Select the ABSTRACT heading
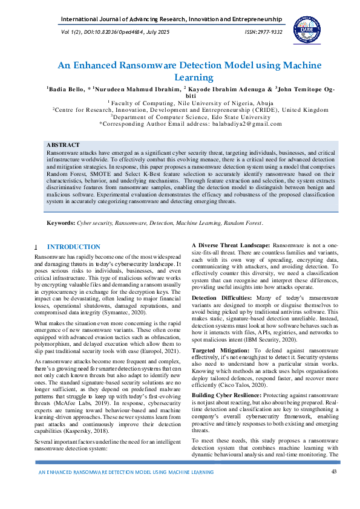point(63,145)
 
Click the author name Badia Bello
point(65,89)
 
